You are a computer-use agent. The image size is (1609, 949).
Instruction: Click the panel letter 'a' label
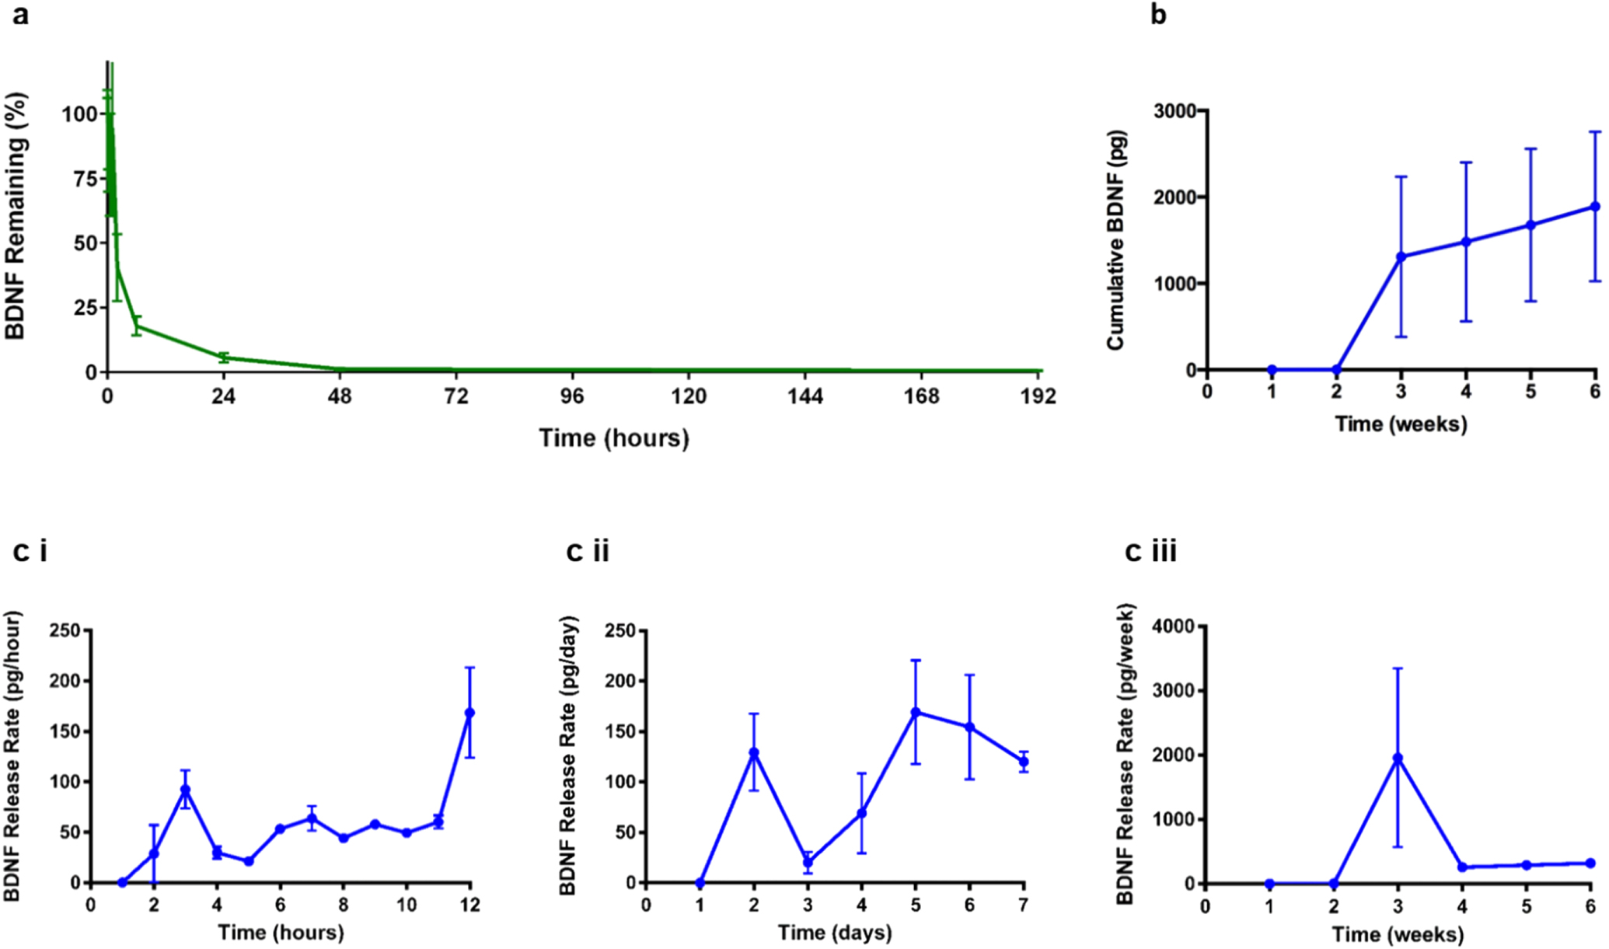[21, 15]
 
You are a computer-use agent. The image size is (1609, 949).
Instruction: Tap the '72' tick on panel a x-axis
[455, 397]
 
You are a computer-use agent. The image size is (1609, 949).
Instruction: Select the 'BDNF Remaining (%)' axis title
[16, 216]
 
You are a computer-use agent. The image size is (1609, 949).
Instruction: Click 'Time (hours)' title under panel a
[614, 438]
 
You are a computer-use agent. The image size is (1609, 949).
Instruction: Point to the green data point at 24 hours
[224, 358]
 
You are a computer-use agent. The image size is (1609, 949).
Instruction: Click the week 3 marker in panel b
[1401, 257]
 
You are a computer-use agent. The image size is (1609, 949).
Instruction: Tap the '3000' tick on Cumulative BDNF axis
[1177, 111]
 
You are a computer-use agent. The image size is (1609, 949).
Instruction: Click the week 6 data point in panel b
[1595, 207]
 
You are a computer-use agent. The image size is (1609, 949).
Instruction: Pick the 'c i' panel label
[30, 551]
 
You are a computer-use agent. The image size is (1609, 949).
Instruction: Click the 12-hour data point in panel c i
[469, 713]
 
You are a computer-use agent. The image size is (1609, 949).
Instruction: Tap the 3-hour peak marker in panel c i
[186, 790]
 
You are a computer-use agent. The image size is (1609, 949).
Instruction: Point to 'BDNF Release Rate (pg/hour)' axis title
[13, 755]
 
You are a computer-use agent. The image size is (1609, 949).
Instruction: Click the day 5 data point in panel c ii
[916, 712]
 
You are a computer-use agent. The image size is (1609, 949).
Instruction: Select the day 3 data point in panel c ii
[808, 862]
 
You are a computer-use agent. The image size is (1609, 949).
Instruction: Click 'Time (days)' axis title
[835, 932]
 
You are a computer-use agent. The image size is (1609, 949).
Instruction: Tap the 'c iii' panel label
[1150, 551]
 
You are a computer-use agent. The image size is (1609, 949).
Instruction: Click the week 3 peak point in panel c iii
[1398, 758]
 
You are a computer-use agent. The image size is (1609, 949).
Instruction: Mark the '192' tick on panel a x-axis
[1038, 397]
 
